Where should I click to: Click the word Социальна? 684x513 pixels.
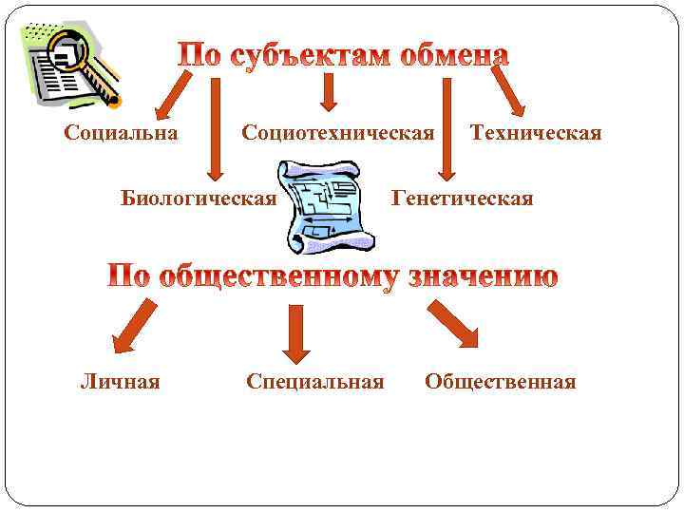pyautogui.click(x=121, y=132)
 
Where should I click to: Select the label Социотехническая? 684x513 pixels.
pyautogui.click(x=337, y=132)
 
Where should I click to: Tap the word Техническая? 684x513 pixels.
pyautogui.click(x=536, y=132)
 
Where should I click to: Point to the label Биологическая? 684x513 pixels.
pyautogui.click(x=199, y=199)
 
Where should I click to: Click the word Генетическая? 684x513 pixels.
pyautogui.click(x=462, y=199)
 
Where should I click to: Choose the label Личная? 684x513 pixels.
pyautogui.click(x=120, y=382)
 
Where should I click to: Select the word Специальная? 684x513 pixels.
pyautogui.click(x=315, y=382)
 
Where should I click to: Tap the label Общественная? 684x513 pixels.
pyautogui.click(x=500, y=382)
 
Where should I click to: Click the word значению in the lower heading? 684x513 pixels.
pyautogui.click(x=484, y=276)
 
